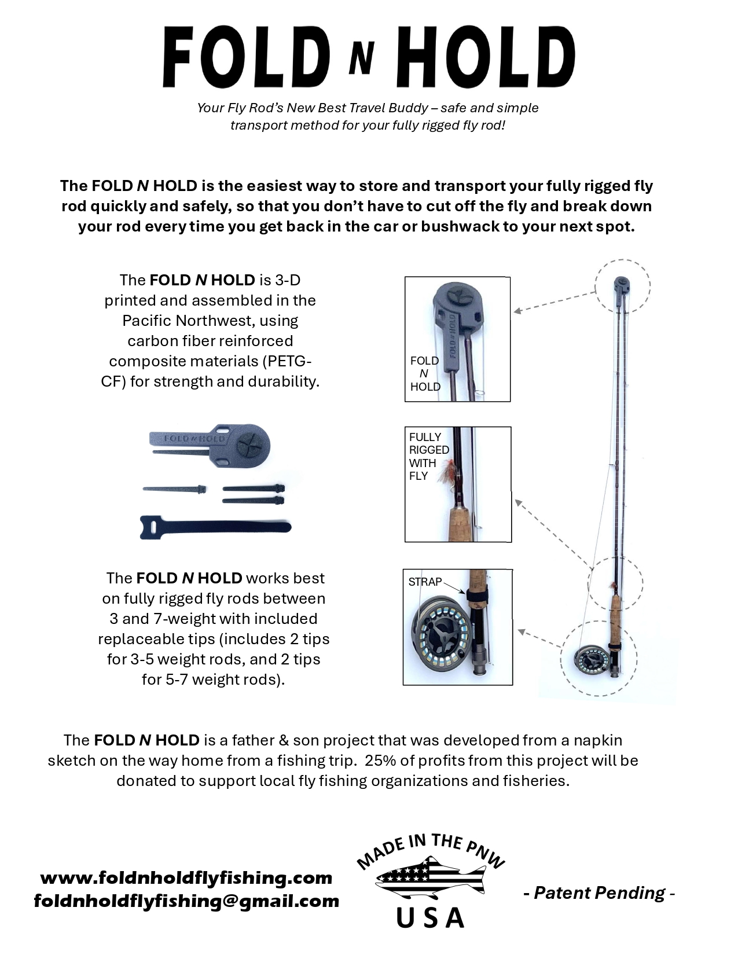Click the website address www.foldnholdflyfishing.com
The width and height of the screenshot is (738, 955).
[x=186, y=877]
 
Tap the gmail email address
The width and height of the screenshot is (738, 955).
[x=186, y=901]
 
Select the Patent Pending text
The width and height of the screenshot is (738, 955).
[x=599, y=892]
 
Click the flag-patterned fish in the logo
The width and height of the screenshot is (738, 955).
[x=431, y=879]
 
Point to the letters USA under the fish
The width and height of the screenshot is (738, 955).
[x=431, y=917]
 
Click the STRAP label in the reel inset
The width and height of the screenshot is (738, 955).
[x=425, y=582]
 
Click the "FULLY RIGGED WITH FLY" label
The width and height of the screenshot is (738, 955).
[x=429, y=456]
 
